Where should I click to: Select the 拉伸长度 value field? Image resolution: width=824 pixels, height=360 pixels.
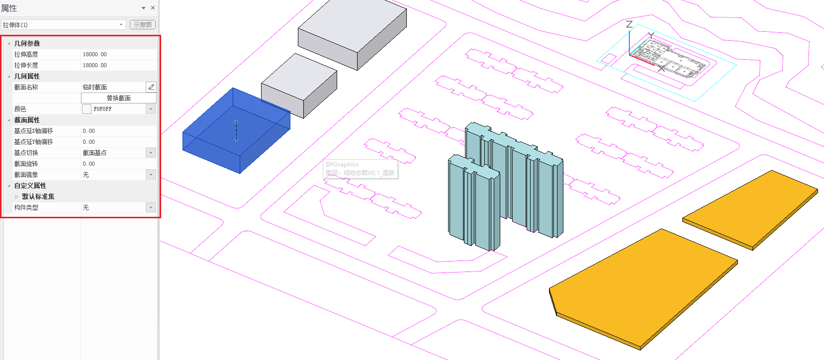(x=117, y=65)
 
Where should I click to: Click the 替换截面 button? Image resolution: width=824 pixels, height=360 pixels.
(x=118, y=98)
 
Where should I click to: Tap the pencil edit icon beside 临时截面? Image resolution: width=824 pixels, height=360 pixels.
(x=151, y=87)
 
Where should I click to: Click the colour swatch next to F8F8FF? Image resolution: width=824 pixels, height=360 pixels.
(x=87, y=109)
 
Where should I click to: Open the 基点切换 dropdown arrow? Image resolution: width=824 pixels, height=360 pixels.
(x=151, y=153)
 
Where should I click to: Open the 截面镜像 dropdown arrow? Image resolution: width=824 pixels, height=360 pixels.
(x=151, y=175)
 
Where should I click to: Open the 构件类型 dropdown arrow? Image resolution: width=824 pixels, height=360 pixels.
(x=151, y=207)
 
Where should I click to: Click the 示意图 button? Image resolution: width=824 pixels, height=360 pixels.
(x=143, y=24)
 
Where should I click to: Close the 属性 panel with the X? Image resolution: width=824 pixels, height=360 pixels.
(x=153, y=8)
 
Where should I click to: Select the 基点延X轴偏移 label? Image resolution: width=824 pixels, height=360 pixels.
(x=33, y=131)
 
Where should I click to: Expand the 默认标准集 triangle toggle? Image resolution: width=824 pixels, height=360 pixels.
(x=17, y=196)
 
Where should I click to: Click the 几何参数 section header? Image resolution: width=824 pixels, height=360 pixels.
(x=27, y=43)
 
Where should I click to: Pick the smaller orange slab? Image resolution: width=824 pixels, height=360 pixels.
(x=751, y=209)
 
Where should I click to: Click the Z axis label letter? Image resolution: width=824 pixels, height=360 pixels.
(x=629, y=24)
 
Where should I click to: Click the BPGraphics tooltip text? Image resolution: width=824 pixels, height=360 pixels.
(x=342, y=165)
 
